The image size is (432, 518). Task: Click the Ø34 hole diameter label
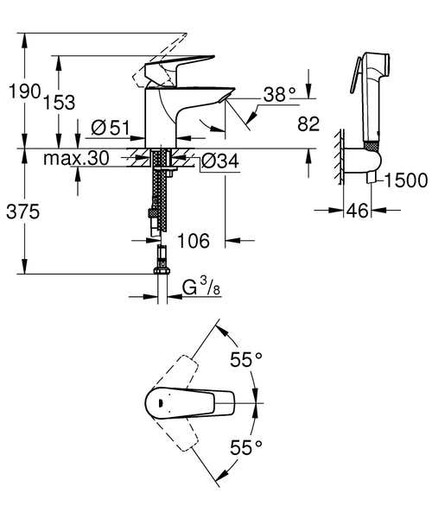221,161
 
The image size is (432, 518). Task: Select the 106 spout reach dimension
193,241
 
